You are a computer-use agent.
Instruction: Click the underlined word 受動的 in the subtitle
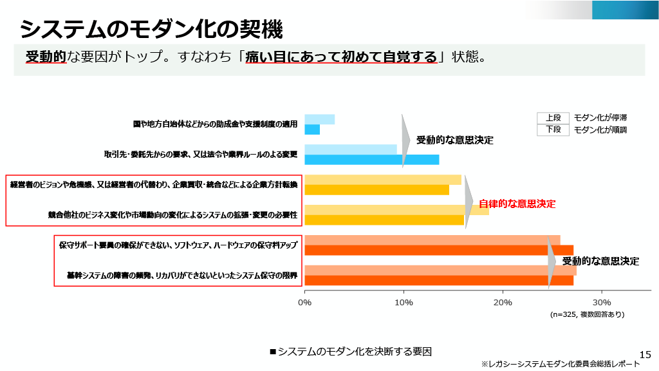(46, 57)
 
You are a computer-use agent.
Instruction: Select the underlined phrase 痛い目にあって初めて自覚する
(341, 57)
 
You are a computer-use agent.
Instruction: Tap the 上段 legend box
(553, 118)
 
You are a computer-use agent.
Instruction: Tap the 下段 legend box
(553, 129)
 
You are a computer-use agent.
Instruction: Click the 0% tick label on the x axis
(304, 302)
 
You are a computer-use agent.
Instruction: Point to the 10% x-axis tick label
(404, 302)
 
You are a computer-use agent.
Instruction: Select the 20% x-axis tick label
(503, 302)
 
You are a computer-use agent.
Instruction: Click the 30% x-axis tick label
(601, 302)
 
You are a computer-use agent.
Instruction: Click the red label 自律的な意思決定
(517, 204)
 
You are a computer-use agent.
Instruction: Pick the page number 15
(645, 354)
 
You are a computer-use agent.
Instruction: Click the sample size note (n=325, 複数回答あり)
(587, 315)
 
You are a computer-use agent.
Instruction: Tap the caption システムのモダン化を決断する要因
(350, 352)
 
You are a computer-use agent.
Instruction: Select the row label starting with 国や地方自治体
(216, 124)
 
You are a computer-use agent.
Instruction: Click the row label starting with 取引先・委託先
(201, 155)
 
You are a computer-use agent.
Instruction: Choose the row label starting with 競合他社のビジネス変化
(172, 215)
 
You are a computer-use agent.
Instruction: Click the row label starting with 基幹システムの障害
(182, 276)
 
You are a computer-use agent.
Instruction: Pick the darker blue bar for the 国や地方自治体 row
(312, 129)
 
